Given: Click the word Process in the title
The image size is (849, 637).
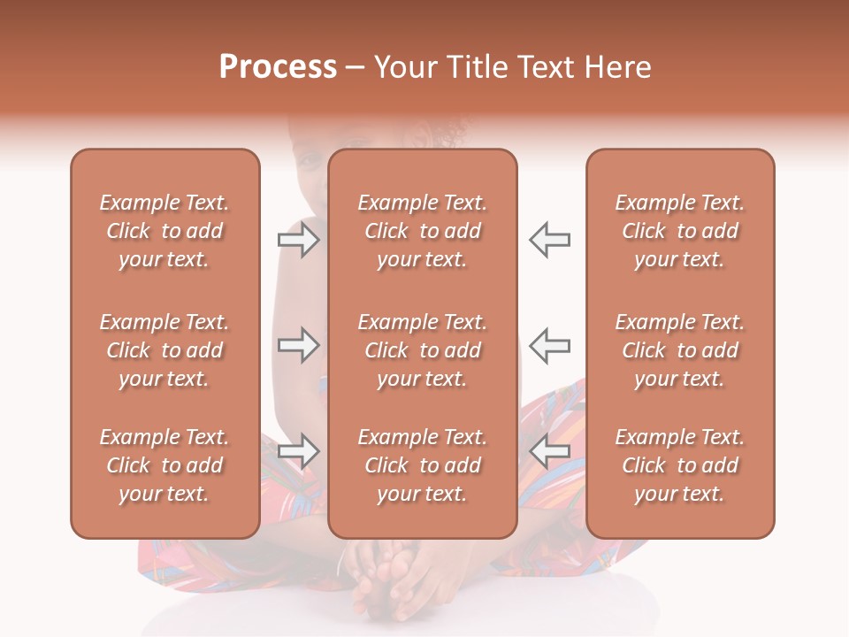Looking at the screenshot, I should pos(278,67).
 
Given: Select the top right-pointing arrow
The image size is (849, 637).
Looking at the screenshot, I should pos(298,239).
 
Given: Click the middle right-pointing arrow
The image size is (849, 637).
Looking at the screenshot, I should pos(298,345).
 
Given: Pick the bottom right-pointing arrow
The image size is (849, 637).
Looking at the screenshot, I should pos(298,451).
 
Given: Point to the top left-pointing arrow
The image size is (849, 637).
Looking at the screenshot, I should pos(550,239).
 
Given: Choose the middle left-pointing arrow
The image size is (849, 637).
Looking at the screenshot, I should pos(550,345).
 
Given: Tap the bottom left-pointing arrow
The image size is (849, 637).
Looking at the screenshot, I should pos(550,451).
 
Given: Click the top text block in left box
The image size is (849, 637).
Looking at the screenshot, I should pos(164,231).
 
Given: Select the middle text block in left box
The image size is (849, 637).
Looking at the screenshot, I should pos(164,350).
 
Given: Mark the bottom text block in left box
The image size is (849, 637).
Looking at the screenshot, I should pos(164,465).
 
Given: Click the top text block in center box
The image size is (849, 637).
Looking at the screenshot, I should pos(423,231).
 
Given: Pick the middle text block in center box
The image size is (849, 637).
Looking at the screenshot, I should pos(423,350).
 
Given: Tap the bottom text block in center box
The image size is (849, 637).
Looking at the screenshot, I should pos(423,465).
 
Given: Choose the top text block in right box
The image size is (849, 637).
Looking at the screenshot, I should pos(680,231).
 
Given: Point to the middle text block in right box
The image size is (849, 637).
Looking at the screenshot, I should pos(680,350).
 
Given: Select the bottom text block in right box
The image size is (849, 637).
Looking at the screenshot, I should pos(680,465).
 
